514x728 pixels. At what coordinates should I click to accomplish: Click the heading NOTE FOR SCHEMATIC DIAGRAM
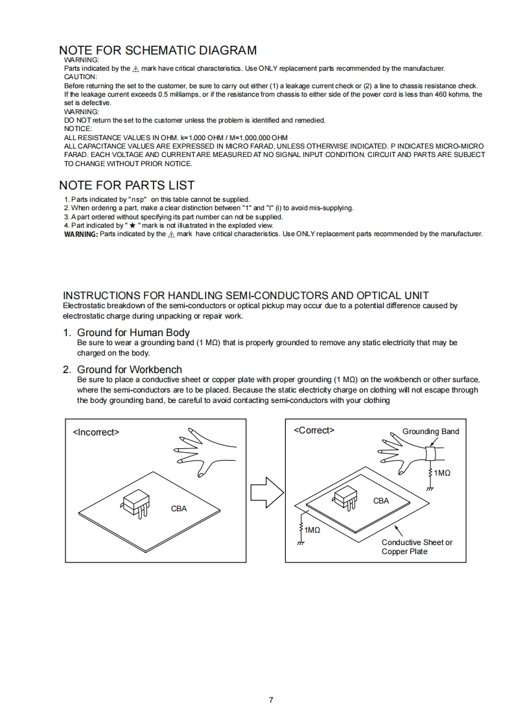pyautogui.click(x=158, y=51)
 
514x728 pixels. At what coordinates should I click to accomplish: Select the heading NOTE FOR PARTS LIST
pyautogui.click(x=126, y=186)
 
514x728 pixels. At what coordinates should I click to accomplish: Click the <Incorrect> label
pyautogui.click(x=96, y=432)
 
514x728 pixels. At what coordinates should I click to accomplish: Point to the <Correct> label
pyautogui.click(x=314, y=430)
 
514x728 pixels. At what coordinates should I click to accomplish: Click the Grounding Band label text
pyautogui.click(x=430, y=431)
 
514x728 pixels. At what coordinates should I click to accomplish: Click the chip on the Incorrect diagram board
pyautogui.click(x=135, y=503)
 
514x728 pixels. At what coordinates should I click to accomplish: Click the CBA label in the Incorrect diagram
pyautogui.click(x=178, y=509)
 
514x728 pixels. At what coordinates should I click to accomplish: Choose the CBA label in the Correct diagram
pyautogui.click(x=381, y=501)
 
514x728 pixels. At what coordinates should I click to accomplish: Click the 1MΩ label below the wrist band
pyautogui.click(x=442, y=473)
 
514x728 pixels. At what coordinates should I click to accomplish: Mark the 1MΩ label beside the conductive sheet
pyautogui.click(x=312, y=530)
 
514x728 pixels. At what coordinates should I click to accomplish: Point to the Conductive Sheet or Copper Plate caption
pyautogui.click(x=417, y=547)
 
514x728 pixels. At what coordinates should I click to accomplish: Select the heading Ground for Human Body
pyautogui.click(x=134, y=333)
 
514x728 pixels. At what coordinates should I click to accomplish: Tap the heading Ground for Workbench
pyautogui.click(x=130, y=370)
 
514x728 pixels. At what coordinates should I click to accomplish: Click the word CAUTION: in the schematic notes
pyautogui.click(x=80, y=77)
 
